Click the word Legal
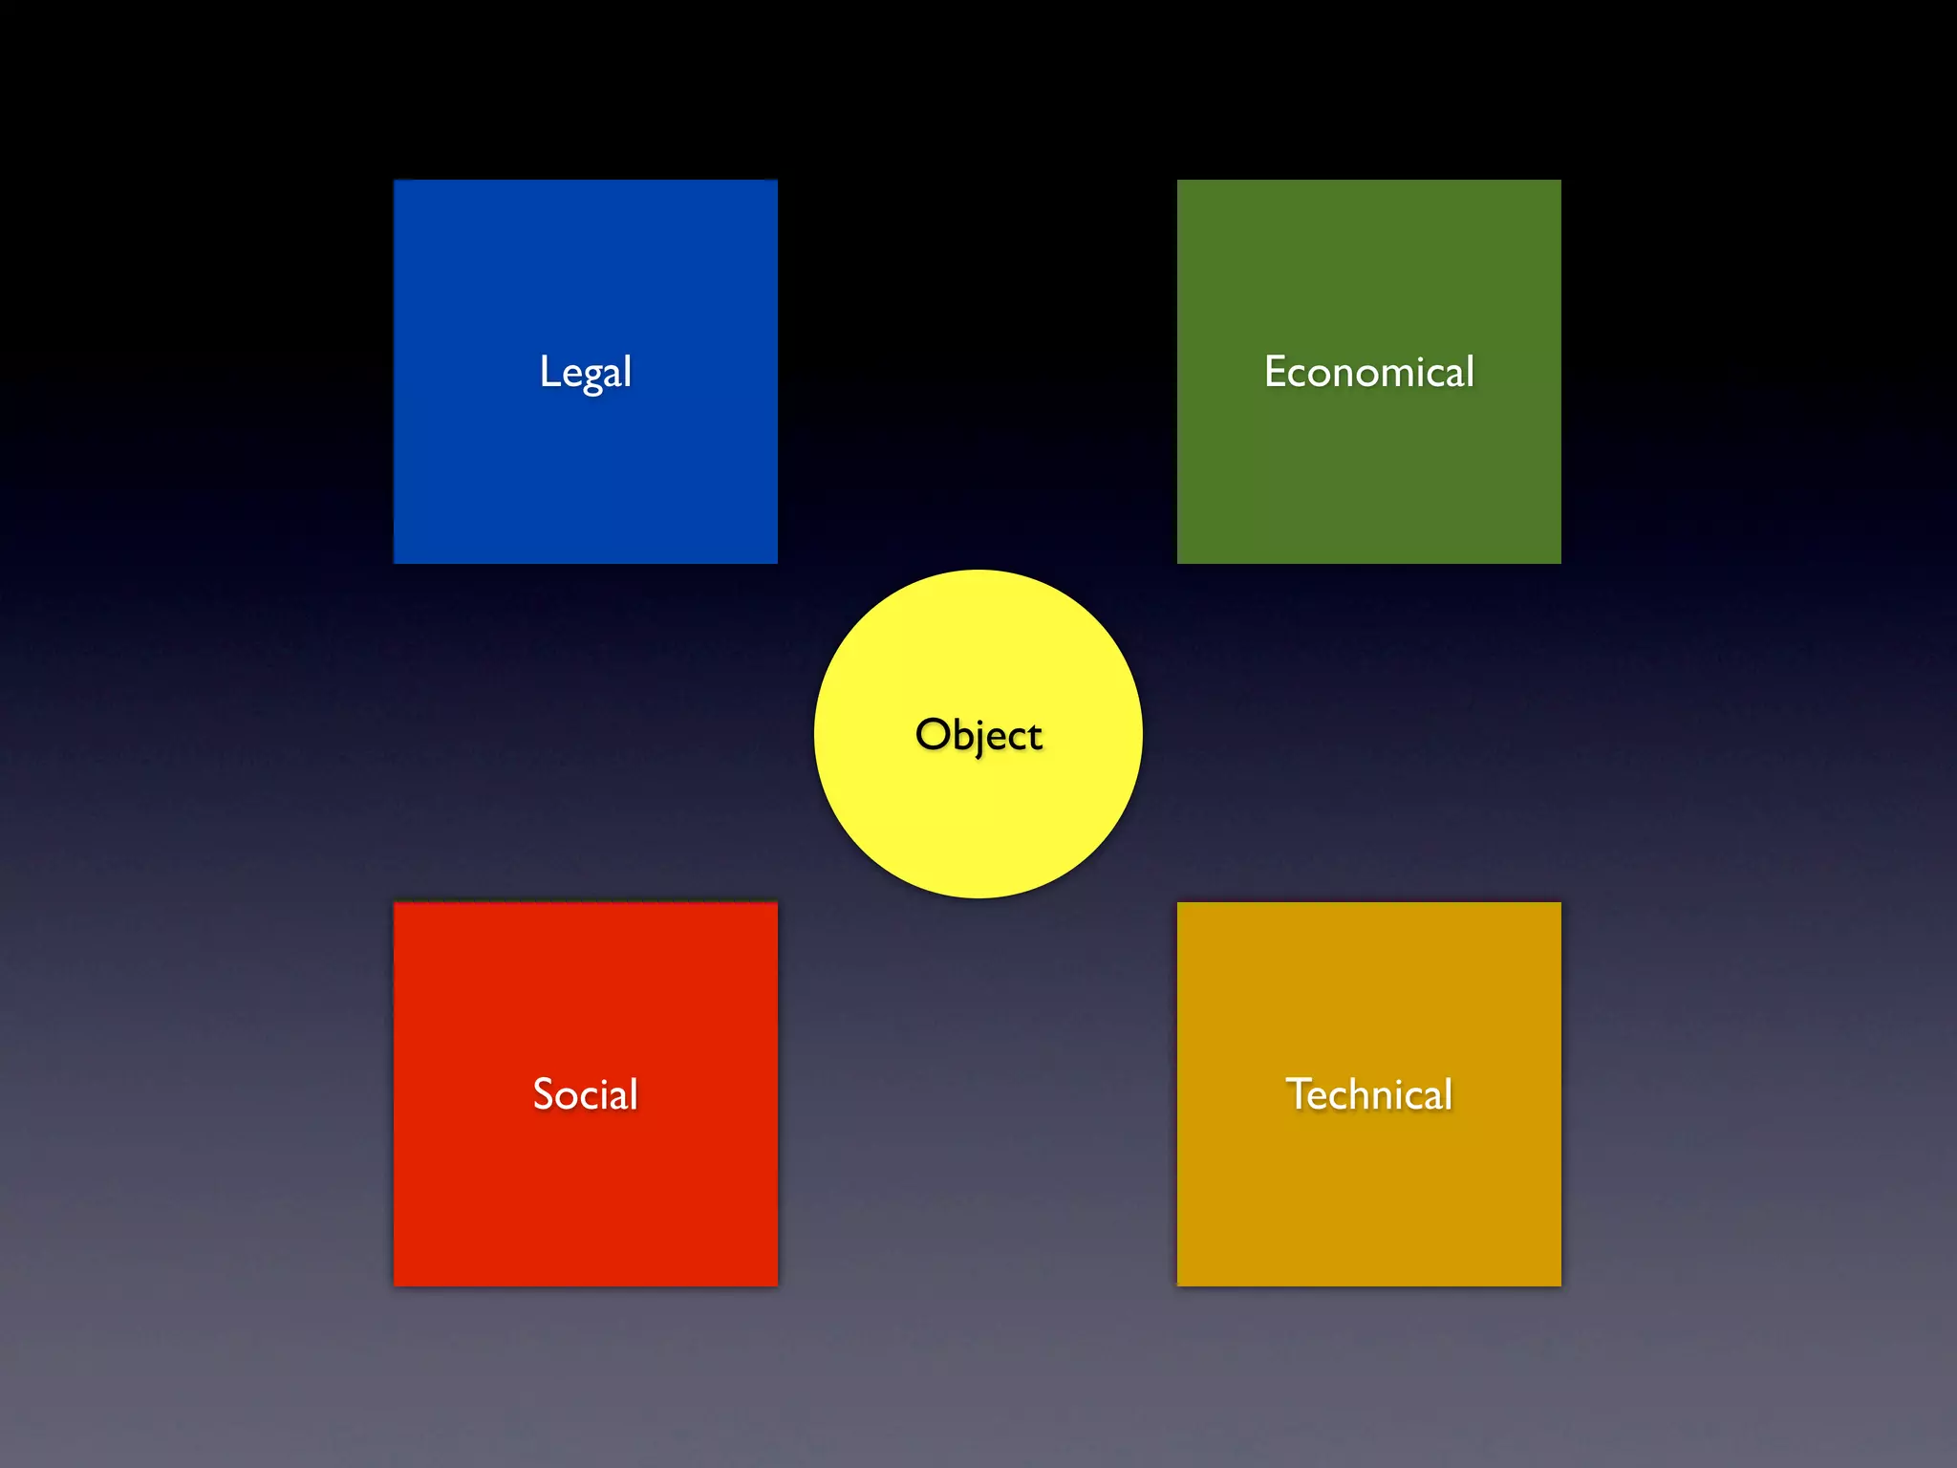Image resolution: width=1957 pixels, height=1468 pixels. pos(585,372)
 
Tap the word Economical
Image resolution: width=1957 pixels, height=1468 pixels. pos(1368,372)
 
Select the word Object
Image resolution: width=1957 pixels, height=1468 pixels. pos(978,735)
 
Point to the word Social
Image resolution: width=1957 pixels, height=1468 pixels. pos(585,1094)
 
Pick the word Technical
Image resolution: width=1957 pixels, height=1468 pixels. pos(1368,1094)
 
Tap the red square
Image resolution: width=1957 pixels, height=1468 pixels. pos(585,1195)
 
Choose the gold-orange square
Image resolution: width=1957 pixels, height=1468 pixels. pos(1368,1195)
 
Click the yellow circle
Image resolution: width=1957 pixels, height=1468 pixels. pos(978,822)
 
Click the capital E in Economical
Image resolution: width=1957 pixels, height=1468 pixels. pos(1276,371)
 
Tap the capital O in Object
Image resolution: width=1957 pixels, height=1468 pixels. pos(932,734)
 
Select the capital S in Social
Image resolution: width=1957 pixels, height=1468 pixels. pos(544,1094)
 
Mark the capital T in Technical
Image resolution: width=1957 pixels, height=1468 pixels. pos(1299,1093)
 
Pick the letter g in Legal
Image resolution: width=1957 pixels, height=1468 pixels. pos(592,377)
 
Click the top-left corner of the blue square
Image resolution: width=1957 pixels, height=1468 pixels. pos(395,181)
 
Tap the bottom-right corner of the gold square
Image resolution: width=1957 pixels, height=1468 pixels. pos(1559,1284)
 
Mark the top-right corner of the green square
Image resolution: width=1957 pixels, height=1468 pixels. pos(1559,181)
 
